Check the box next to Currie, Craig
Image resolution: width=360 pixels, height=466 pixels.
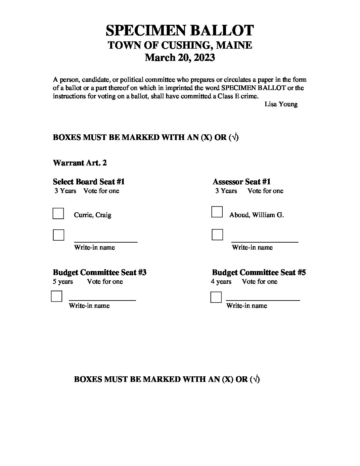click(x=58, y=213)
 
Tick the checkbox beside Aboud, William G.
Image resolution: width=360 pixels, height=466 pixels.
click(x=217, y=212)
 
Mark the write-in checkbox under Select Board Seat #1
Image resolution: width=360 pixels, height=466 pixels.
click(x=59, y=235)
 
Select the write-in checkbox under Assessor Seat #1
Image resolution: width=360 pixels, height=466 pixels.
click(x=217, y=235)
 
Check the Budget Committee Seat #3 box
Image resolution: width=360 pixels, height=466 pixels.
click(x=57, y=296)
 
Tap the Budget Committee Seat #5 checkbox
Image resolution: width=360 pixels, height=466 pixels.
click(x=216, y=297)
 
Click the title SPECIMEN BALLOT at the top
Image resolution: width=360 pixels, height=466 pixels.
click(x=180, y=30)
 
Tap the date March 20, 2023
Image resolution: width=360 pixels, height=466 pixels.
click(x=180, y=58)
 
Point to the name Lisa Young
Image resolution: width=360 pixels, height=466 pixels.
click(x=281, y=104)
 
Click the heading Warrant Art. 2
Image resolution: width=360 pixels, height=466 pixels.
click(x=80, y=163)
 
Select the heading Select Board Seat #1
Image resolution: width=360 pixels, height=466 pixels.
click(x=89, y=182)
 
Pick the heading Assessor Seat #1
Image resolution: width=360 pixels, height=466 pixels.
click(x=242, y=182)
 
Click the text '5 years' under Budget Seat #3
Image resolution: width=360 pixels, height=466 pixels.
click(x=63, y=282)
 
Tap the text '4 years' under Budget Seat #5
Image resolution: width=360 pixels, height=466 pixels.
click(x=221, y=282)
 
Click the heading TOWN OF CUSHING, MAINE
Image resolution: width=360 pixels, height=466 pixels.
click(x=180, y=45)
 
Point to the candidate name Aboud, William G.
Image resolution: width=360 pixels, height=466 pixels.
click(x=256, y=215)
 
